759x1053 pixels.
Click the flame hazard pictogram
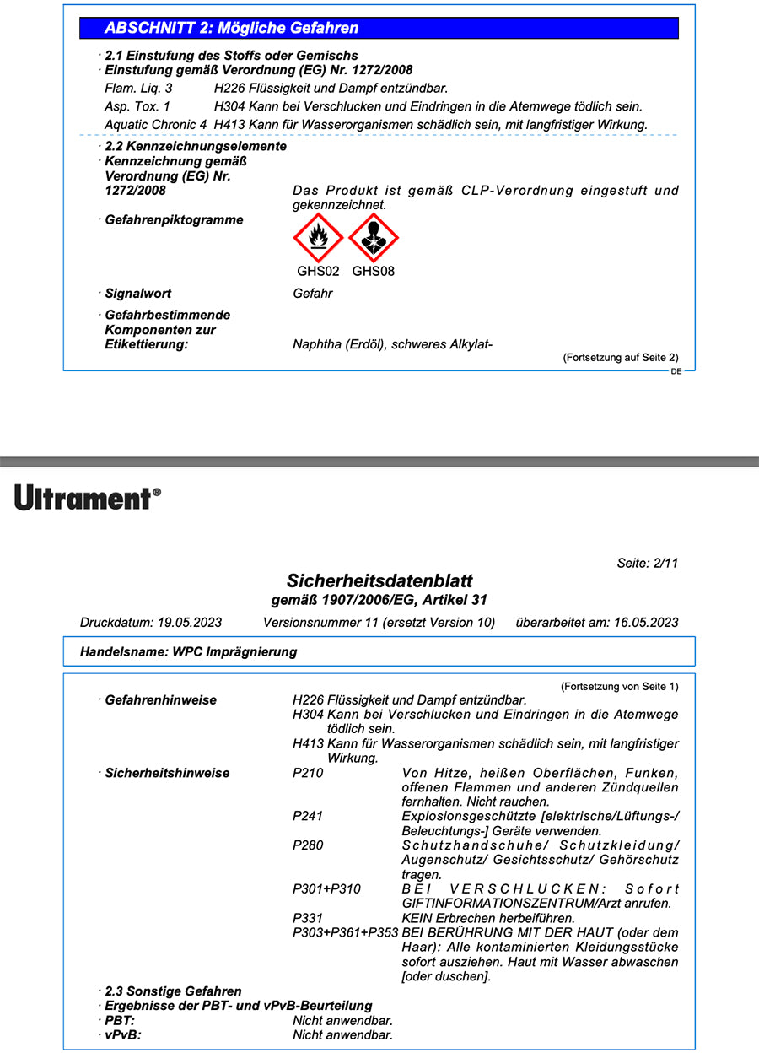coord(318,238)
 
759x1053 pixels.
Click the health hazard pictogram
coord(374,238)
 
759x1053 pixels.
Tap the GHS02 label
coord(318,272)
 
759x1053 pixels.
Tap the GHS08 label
coord(374,272)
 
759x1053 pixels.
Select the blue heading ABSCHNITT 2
coord(231,28)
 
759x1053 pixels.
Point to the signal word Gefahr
coord(312,294)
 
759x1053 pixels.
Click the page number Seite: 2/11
coord(648,564)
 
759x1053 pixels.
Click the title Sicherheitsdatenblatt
coord(379,580)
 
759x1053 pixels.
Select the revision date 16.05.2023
coord(645,623)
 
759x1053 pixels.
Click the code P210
coord(308,773)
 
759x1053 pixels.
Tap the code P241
coord(308,816)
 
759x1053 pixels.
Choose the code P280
coord(308,845)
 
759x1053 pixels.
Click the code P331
coord(308,918)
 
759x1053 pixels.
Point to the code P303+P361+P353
coord(345,932)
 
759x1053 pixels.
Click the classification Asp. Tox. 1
coord(137,106)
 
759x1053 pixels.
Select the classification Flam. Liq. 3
coord(138,88)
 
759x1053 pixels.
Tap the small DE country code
coord(676,371)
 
